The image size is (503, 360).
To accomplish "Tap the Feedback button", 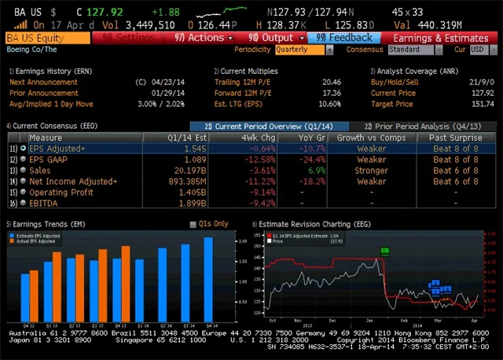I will point(345,37).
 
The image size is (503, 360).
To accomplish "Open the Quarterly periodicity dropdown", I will point(303,50).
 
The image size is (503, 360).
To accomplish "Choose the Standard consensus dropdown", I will point(414,50).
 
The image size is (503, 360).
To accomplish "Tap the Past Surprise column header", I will point(455,137).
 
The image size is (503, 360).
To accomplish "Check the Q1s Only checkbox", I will point(193,224).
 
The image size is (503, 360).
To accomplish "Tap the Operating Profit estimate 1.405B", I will point(193,192).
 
